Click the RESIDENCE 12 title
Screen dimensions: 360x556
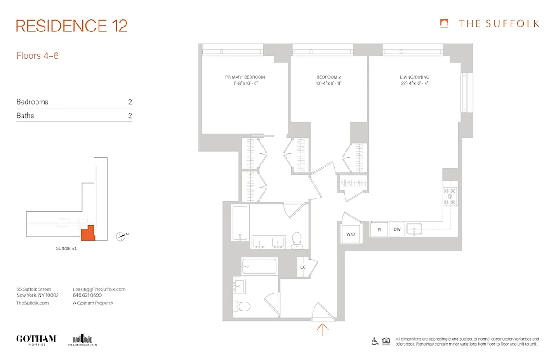(x=72, y=26)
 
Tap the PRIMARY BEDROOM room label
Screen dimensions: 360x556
(x=245, y=77)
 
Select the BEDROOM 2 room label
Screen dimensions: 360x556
(x=328, y=77)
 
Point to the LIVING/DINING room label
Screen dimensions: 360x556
(x=414, y=77)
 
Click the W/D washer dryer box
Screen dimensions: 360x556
(x=350, y=234)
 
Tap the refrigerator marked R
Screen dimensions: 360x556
(x=379, y=230)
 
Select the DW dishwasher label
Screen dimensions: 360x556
(x=397, y=230)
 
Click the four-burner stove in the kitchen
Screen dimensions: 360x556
(x=450, y=196)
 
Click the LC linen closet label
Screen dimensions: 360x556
(x=303, y=267)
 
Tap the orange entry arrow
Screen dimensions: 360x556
(x=323, y=329)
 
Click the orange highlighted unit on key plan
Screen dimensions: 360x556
(x=88, y=234)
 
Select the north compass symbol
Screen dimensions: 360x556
(x=121, y=235)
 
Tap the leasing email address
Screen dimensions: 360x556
(x=99, y=289)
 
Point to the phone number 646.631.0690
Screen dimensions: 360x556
(x=87, y=296)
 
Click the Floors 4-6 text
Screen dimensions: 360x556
(x=38, y=56)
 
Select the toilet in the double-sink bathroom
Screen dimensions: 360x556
(x=297, y=239)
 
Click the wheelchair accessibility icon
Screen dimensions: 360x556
(x=375, y=341)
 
